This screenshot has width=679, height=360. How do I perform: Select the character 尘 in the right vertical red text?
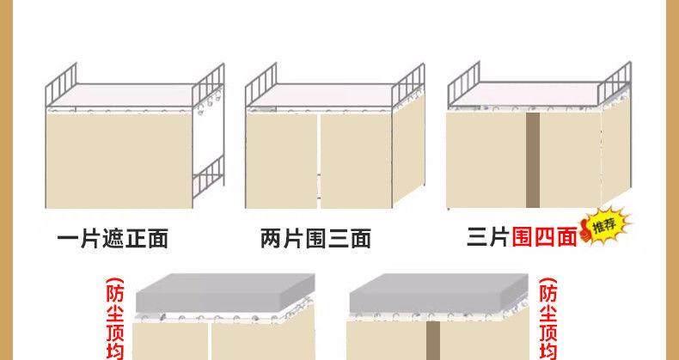(x=547, y=314)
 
